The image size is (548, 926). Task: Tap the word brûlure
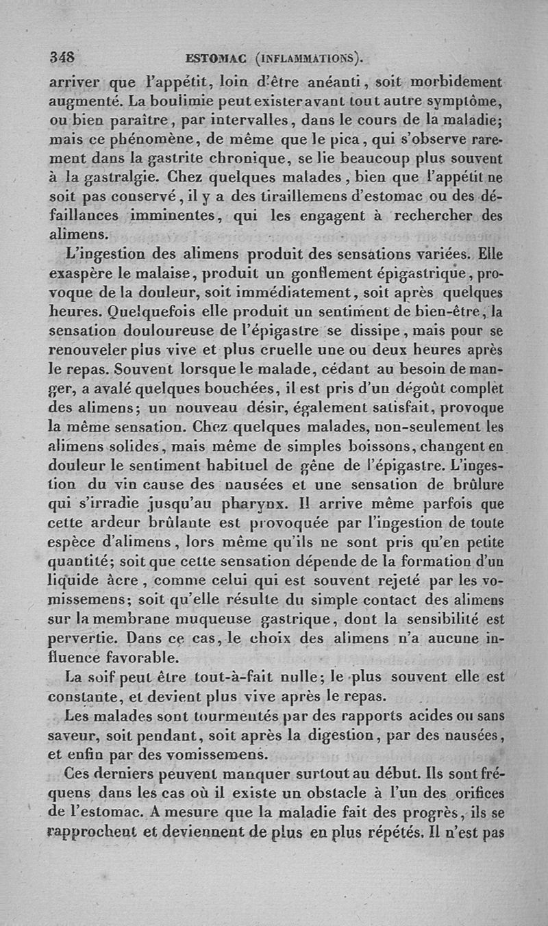[473, 484]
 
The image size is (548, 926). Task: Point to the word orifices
[473, 792]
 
